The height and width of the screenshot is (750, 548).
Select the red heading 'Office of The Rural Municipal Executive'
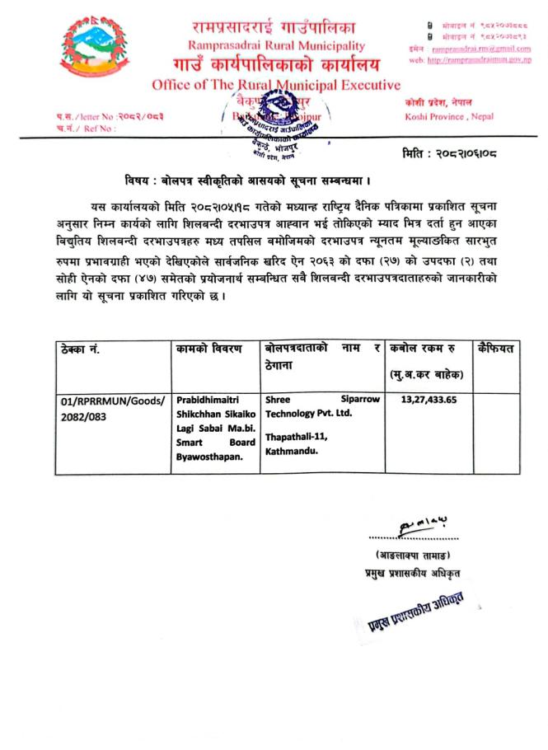tap(276, 85)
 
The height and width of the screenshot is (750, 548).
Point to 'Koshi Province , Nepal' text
tap(450, 117)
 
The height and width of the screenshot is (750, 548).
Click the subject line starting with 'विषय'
tap(245, 180)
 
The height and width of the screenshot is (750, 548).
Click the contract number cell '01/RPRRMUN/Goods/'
tap(112, 401)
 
